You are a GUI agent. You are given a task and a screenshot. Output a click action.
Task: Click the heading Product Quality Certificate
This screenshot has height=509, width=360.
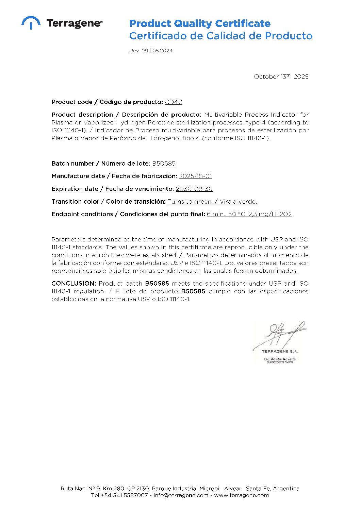click(x=200, y=23)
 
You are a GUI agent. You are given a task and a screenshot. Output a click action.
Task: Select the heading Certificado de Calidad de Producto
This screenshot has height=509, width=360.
click(x=221, y=36)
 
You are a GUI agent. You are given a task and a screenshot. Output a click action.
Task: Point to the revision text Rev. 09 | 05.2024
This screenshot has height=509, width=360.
click(x=151, y=51)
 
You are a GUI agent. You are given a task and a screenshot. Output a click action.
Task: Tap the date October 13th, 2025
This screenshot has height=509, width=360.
click(x=281, y=77)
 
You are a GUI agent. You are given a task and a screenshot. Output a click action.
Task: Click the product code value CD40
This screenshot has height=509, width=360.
click(x=174, y=102)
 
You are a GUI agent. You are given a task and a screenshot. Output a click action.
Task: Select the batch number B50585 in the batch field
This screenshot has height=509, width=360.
click(x=164, y=164)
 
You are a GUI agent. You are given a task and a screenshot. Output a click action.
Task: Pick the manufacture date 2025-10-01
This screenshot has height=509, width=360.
click(x=195, y=176)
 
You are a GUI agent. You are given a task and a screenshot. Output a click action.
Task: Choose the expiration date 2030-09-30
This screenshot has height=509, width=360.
click(x=194, y=189)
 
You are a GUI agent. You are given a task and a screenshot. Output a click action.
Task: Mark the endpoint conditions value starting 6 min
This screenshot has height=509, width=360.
click(x=249, y=214)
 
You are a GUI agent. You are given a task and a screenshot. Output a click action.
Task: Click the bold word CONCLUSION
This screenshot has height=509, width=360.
click(x=73, y=283)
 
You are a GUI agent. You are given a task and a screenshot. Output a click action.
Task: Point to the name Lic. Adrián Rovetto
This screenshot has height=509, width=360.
click(x=280, y=359)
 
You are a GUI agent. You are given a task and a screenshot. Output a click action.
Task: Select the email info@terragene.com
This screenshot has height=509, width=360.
click(x=181, y=495)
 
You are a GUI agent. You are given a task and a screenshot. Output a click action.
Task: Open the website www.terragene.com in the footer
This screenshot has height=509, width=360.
click(x=241, y=495)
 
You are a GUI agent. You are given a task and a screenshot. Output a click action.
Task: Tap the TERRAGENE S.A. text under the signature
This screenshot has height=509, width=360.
click(x=280, y=352)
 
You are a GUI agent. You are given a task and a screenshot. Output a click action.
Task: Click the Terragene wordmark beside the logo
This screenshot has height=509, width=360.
click(x=74, y=23)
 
